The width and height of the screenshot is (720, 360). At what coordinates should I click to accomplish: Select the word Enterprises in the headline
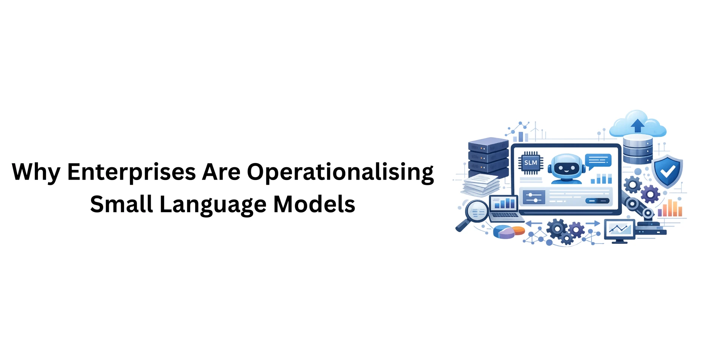coord(132,172)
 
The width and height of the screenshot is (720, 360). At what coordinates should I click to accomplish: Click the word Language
coord(213,205)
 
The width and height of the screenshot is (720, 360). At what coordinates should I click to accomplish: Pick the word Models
coord(314,204)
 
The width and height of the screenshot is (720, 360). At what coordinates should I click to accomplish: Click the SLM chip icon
coord(531,163)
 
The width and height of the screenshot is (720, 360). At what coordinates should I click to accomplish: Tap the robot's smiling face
coord(566,168)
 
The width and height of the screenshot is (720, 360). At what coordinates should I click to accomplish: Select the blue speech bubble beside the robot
coord(598,162)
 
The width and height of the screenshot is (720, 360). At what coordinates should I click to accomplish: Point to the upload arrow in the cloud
coord(637,126)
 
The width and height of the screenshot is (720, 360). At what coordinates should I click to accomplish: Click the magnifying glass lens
coord(477,211)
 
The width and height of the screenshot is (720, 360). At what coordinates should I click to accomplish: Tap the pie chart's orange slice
coord(519,230)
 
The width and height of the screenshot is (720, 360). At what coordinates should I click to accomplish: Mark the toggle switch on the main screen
coord(597,201)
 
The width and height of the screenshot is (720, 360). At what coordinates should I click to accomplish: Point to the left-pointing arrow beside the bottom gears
coord(534,223)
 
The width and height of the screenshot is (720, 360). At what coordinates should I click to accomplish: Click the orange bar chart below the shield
coord(670,208)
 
